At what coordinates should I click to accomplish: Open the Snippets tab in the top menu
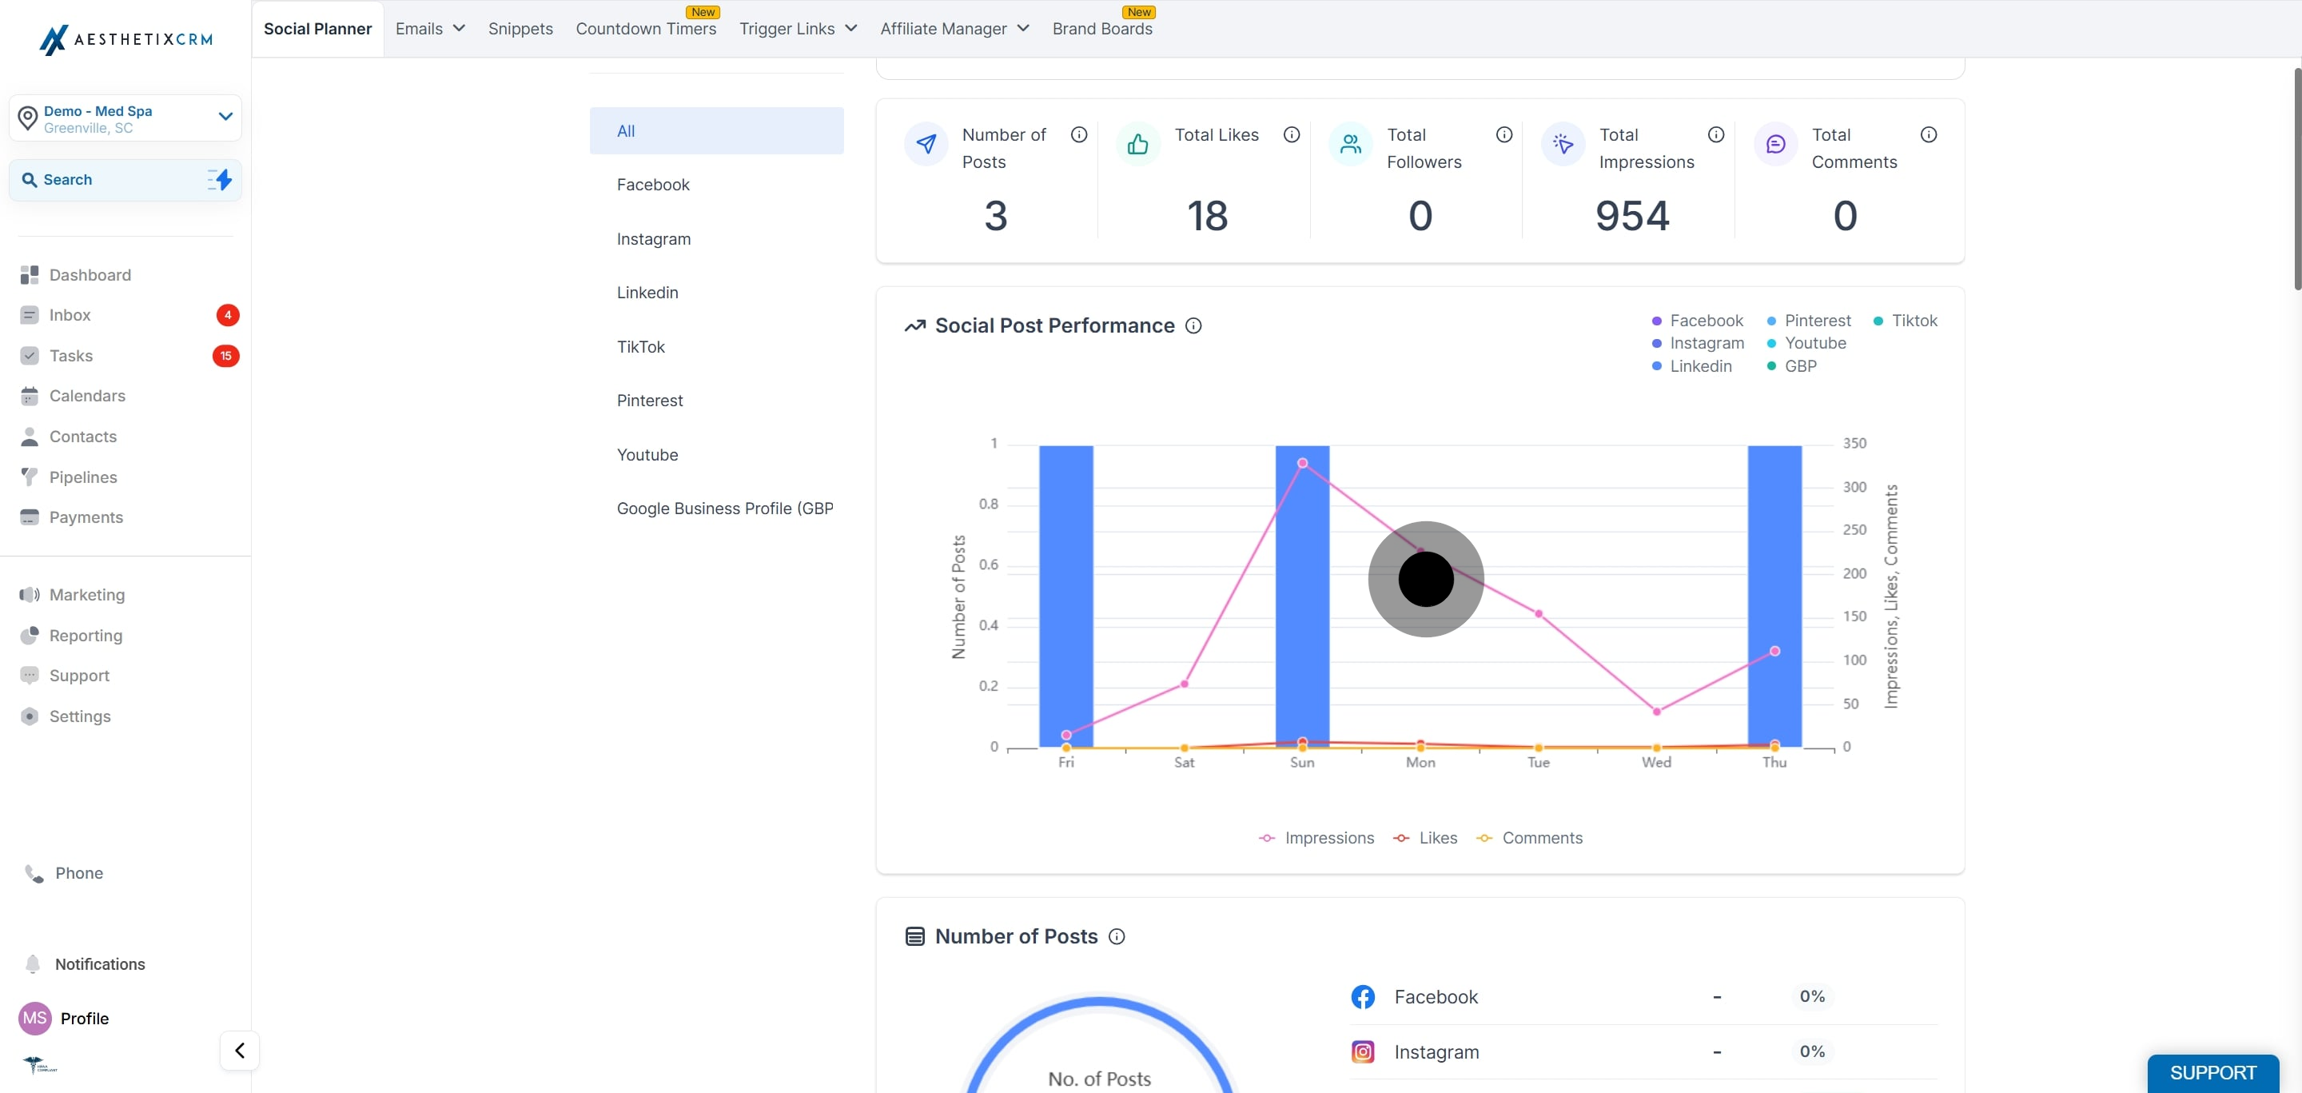520,29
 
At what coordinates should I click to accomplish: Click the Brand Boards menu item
1102,29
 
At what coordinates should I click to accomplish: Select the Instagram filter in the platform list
653,238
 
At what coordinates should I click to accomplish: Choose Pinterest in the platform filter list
650,401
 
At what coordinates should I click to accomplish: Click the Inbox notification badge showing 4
228,314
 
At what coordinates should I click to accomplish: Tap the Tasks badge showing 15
226,356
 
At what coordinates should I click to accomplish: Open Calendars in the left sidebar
86,396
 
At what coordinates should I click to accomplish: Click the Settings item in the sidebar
80,716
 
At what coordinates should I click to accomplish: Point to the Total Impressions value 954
1631,216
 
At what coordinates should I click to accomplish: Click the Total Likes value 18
1207,216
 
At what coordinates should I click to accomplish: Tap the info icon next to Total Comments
1929,135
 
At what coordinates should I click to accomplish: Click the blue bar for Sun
1302,595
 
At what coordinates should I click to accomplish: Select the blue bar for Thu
1774,595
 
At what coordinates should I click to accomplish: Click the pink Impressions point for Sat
1184,684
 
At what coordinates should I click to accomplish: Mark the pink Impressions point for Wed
1656,712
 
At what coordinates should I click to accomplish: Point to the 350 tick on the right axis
1854,443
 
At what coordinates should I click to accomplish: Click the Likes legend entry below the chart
1425,837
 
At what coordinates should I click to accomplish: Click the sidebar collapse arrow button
240,1050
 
